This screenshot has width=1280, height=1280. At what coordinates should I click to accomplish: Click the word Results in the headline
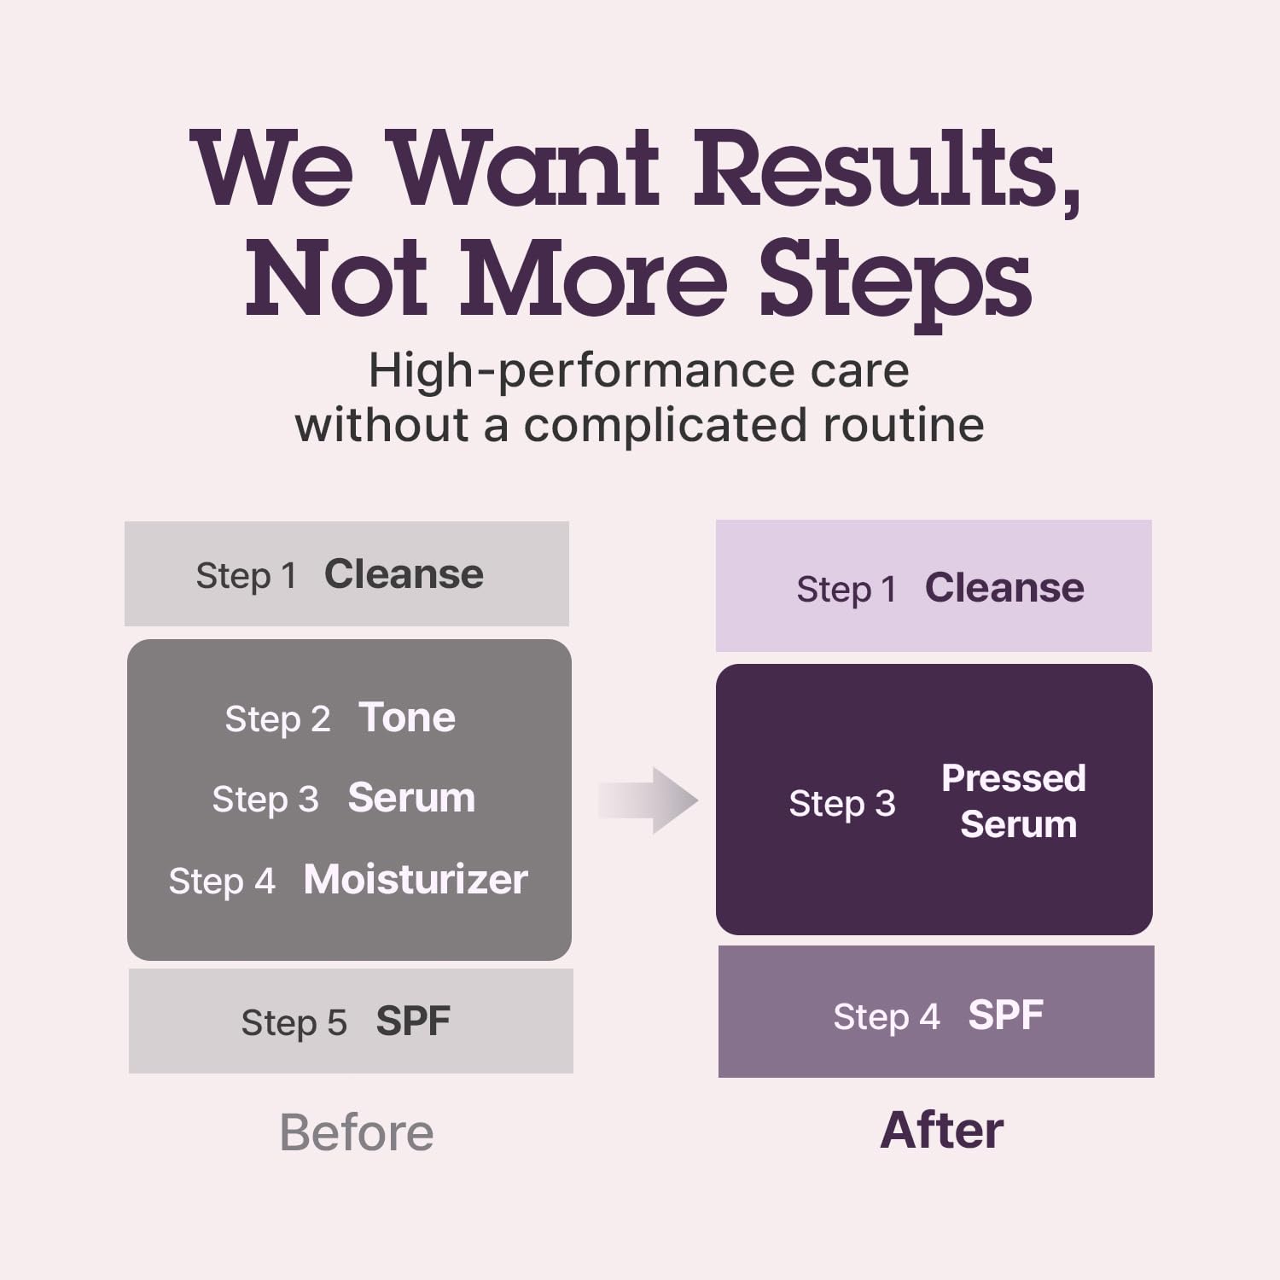(x=887, y=168)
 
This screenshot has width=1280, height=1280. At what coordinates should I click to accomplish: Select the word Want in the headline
(x=527, y=168)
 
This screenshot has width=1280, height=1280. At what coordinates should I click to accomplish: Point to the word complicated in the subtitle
(x=665, y=425)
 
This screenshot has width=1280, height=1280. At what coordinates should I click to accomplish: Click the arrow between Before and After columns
(x=649, y=800)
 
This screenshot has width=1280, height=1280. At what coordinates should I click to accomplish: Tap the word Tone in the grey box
(x=407, y=718)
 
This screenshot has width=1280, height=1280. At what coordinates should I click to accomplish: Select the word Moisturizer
(x=416, y=879)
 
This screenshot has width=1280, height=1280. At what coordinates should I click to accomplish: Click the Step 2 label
(x=277, y=719)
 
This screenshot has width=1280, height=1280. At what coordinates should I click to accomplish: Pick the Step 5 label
(x=294, y=1022)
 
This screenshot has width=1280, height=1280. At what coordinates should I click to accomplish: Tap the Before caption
(x=357, y=1132)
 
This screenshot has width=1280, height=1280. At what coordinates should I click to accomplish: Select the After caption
(x=942, y=1131)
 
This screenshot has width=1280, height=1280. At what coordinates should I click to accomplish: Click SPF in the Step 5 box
(x=413, y=1021)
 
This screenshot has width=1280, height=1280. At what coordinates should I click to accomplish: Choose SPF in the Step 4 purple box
(x=1006, y=1015)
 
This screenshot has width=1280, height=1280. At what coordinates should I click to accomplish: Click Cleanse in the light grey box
(x=404, y=574)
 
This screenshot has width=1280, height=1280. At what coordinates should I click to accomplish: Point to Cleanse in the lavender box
(x=1004, y=588)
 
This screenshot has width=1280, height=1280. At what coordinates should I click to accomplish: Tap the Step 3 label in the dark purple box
(x=842, y=804)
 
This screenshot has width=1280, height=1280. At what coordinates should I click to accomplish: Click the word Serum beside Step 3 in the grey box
(x=411, y=799)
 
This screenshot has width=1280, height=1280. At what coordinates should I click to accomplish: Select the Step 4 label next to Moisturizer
(x=222, y=881)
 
